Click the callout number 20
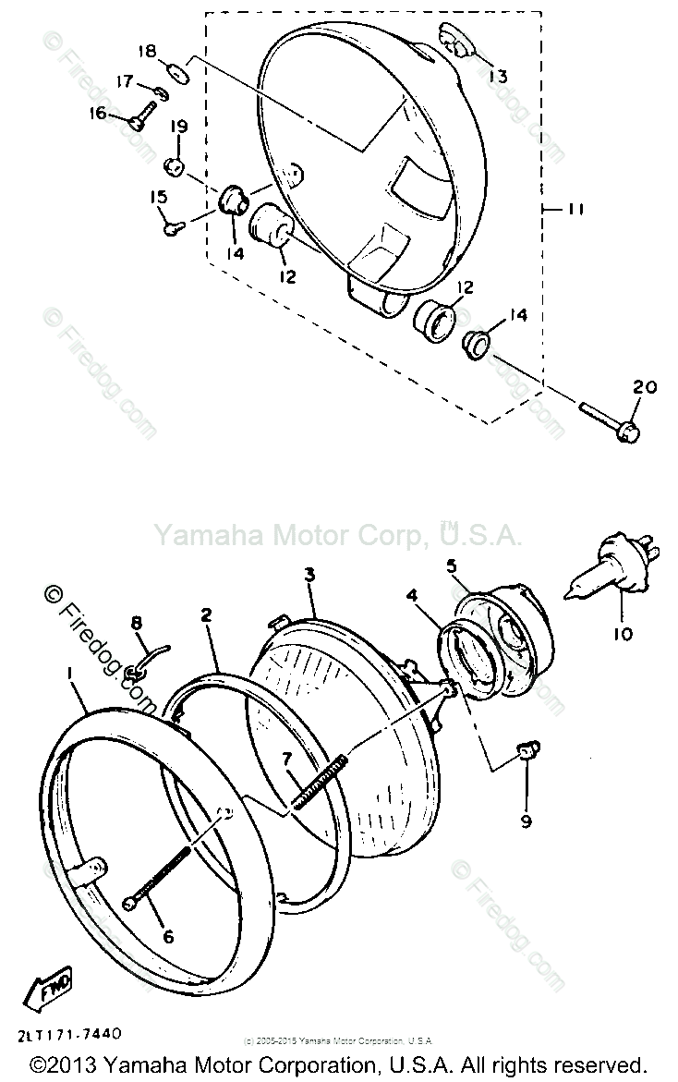coord(645,387)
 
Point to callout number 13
coord(498,76)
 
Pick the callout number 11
coord(575,210)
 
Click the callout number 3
coord(310,575)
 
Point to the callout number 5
coord(453,565)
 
